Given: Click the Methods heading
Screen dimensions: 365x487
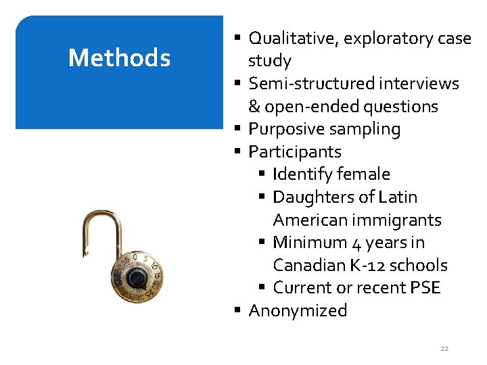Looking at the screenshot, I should click(x=119, y=58).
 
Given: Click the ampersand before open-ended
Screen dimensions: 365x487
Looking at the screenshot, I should click(x=254, y=107).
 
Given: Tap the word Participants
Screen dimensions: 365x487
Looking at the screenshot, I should click(x=295, y=152).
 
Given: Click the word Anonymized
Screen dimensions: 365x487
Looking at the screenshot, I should click(x=298, y=311).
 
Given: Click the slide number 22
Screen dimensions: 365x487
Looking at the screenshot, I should click(x=444, y=349).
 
